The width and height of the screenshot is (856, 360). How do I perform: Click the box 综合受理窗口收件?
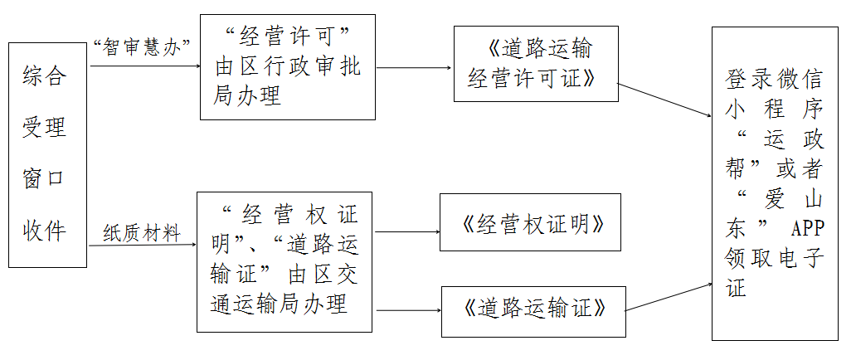click(47, 155)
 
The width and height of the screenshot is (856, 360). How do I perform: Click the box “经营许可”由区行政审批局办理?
click(288, 67)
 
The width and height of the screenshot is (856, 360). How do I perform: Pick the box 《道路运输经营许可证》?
click(536, 64)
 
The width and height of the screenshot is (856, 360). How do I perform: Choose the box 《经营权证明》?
click(530, 222)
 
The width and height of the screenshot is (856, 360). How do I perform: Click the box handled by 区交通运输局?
click(285, 261)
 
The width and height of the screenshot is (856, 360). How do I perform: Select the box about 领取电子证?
click(776, 183)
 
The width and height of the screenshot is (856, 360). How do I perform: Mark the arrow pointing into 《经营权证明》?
click(407, 231)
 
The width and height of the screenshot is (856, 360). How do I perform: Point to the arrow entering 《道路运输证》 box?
click(409, 310)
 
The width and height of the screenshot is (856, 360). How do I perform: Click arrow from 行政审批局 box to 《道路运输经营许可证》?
click(415, 68)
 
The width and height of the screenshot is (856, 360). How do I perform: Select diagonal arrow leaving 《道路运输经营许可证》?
click(665, 100)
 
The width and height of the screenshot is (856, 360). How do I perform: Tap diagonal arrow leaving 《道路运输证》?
click(669, 297)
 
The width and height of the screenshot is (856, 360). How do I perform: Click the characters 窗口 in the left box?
click(44, 178)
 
